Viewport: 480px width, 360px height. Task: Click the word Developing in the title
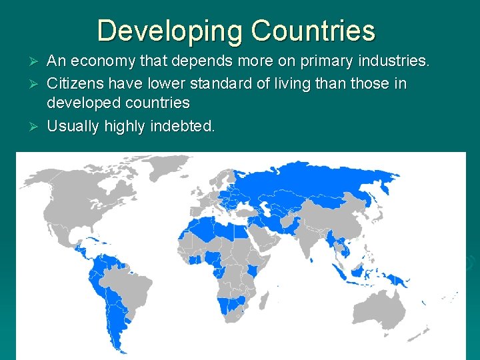pos(169,31)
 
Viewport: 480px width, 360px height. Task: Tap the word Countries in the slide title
pos(313,31)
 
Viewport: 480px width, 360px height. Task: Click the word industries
pos(395,62)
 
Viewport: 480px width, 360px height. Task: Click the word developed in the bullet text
pos(81,103)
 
